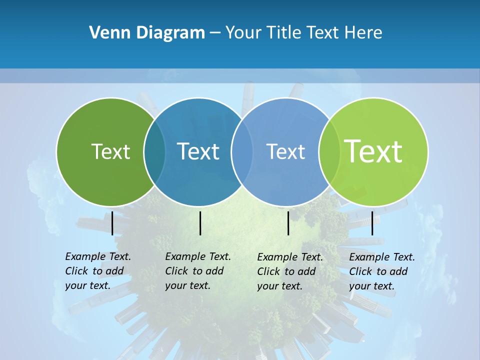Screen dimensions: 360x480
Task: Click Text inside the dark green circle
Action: [110, 151]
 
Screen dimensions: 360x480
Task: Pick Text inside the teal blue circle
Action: [198, 151]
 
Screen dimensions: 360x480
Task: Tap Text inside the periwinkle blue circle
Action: [285, 151]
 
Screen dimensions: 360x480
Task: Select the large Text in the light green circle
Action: [373, 151]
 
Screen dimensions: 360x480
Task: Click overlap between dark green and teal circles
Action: [154, 151]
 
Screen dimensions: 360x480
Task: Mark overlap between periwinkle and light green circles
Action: [329, 151]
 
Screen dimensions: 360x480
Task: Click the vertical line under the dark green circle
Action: [112, 223]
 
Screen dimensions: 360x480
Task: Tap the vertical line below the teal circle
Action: [200, 223]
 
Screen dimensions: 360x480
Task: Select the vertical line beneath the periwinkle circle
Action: [288, 223]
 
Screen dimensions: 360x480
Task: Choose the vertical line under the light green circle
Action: [372, 223]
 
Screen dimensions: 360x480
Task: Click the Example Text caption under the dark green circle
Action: [97, 271]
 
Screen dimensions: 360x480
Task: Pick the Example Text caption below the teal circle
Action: [197, 271]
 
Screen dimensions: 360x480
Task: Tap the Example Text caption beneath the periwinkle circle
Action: [289, 271]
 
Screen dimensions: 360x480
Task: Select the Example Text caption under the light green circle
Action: [381, 271]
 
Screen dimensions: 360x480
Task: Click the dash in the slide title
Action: [215, 33]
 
